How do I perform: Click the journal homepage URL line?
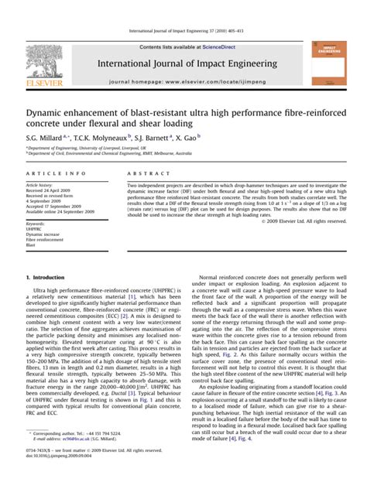pos(183,81)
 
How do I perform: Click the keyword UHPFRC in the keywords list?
pos(35,229)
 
